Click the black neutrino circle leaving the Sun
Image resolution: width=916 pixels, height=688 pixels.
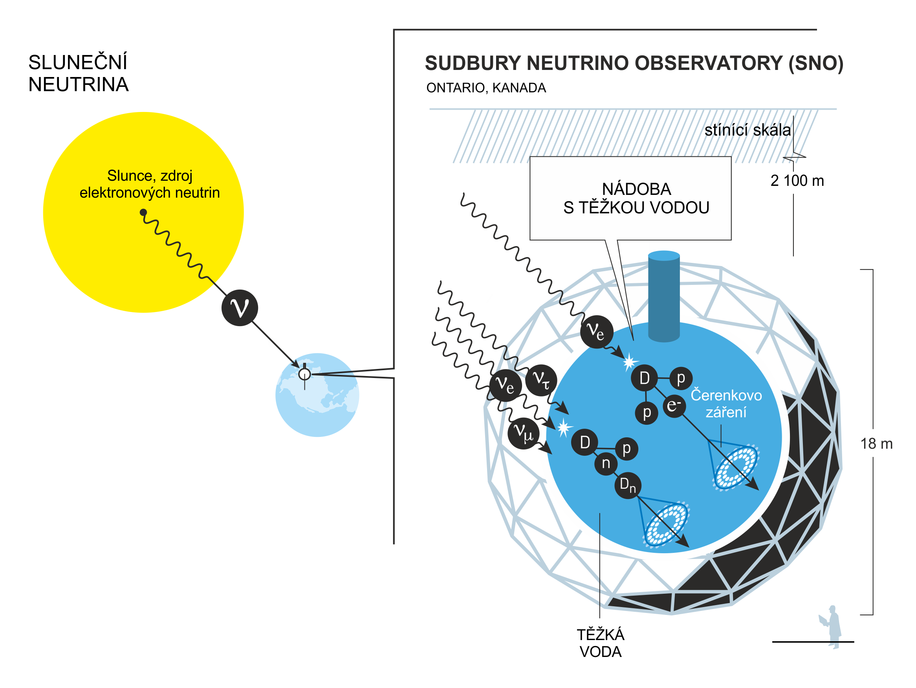[x=239, y=308]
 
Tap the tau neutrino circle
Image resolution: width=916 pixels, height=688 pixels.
[x=541, y=380]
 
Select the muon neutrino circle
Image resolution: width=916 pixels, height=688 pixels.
[x=524, y=433]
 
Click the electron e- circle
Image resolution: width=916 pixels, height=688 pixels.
[x=674, y=405]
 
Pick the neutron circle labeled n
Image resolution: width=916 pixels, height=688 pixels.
[x=606, y=464]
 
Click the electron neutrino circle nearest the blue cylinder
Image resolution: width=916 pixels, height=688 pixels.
[x=596, y=332]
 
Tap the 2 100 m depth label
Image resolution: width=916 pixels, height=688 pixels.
[x=797, y=181]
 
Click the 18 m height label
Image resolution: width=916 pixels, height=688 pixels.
[x=876, y=444]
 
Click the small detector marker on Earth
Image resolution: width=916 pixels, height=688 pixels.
[x=304, y=374]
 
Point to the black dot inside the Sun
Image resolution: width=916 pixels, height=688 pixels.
[x=143, y=213]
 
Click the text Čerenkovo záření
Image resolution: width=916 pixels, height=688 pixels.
[x=726, y=404]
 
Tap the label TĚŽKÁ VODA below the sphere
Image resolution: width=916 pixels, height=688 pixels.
[x=600, y=643]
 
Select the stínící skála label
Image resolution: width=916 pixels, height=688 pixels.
[x=747, y=130]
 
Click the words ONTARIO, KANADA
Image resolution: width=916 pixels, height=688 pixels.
[x=486, y=88]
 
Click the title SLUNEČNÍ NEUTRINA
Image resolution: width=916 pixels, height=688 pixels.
[x=78, y=73]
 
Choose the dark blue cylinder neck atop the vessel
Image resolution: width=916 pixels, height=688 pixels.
[x=664, y=296]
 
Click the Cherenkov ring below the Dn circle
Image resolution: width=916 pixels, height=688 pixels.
[x=666, y=525]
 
